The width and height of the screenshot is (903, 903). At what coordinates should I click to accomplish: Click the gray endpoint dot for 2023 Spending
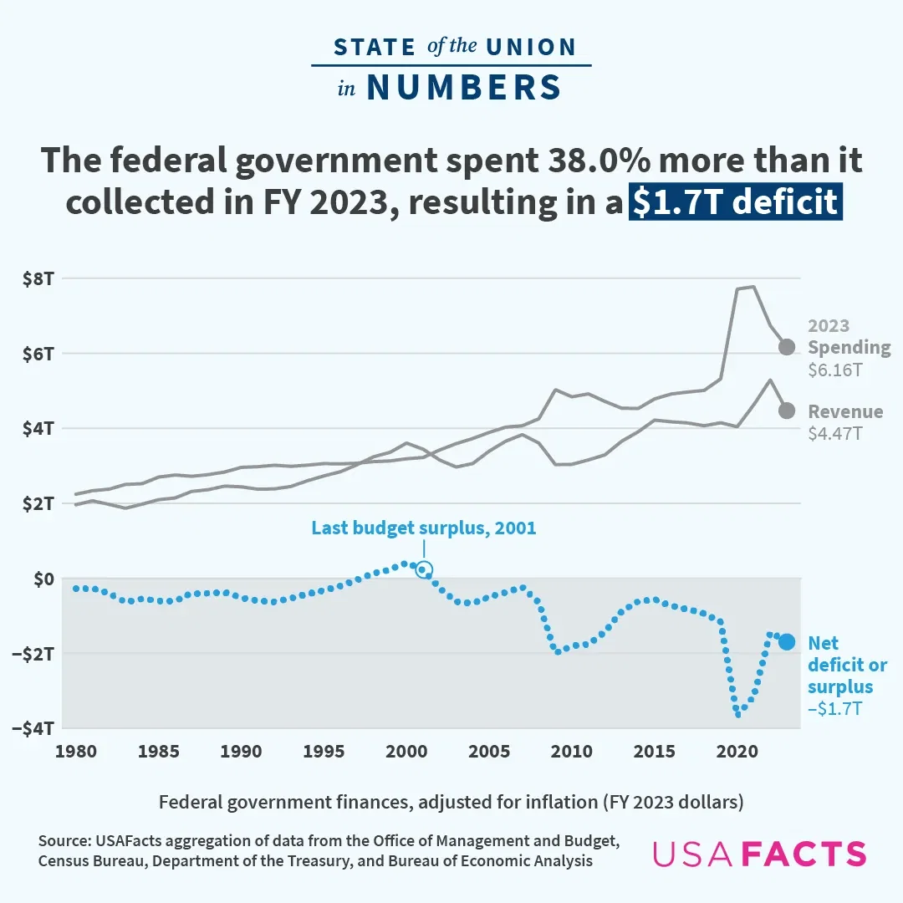pyautogui.click(x=787, y=347)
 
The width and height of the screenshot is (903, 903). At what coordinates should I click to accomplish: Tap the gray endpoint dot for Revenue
pyautogui.click(x=787, y=411)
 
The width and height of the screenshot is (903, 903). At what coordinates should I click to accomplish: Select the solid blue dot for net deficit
pyautogui.click(x=787, y=642)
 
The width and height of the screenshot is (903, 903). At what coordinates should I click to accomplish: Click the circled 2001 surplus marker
pyautogui.click(x=424, y=570)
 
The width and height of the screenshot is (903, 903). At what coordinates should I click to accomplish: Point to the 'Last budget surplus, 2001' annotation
pyautogui.click(x=423, y=528)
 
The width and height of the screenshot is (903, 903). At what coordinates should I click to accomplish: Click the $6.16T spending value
pyautogui.click(x=834, y=369)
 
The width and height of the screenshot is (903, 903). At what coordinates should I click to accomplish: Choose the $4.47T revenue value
pyautogui.click(x=834, y=433)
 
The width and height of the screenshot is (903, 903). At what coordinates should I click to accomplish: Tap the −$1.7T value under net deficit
pyautogui.click(x=835, y=709)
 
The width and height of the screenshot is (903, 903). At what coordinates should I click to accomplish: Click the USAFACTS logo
pyautogui.click(x=758, y=854)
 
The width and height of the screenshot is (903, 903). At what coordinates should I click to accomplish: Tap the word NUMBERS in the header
pyautogui.click(x=464, y=88)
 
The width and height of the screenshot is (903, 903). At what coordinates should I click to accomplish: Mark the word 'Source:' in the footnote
pyautogui.click(x=66, y=840)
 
